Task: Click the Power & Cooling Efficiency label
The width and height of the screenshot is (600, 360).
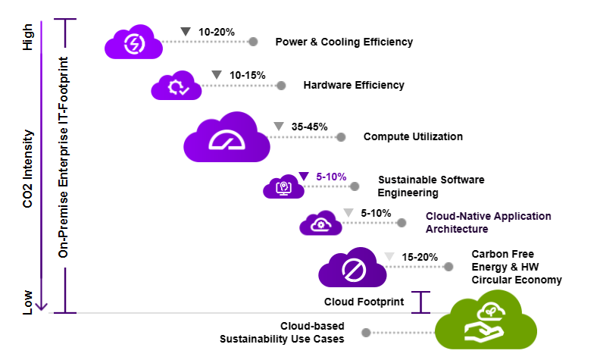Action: [x=344, y=42]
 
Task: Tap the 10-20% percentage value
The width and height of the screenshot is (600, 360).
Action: [x=216, y=32]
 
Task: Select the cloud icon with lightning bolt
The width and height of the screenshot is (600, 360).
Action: [x=134, y=43]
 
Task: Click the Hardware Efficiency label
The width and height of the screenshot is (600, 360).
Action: [x=354, y=85]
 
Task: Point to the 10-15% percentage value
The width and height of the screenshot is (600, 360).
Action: [x=247, y=75]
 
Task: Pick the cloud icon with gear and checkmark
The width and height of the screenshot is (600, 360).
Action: [x=177, y=86]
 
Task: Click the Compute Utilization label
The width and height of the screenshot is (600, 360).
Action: [x=413, y=137]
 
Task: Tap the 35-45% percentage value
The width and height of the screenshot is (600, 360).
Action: [x=309, y=127]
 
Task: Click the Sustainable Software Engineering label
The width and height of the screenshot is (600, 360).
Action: [x=430, y=186]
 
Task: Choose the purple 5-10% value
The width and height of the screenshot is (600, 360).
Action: [x=331, y=177]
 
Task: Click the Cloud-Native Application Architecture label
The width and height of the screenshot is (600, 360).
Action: [x=488, y=222]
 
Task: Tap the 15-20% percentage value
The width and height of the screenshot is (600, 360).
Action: [x=420, y=257]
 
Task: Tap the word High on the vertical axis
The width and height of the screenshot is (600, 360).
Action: [x=28, y=36]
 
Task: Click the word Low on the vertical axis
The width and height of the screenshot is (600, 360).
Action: [x=28, y=302]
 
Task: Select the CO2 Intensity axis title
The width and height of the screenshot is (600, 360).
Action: [x=28, y=169]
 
